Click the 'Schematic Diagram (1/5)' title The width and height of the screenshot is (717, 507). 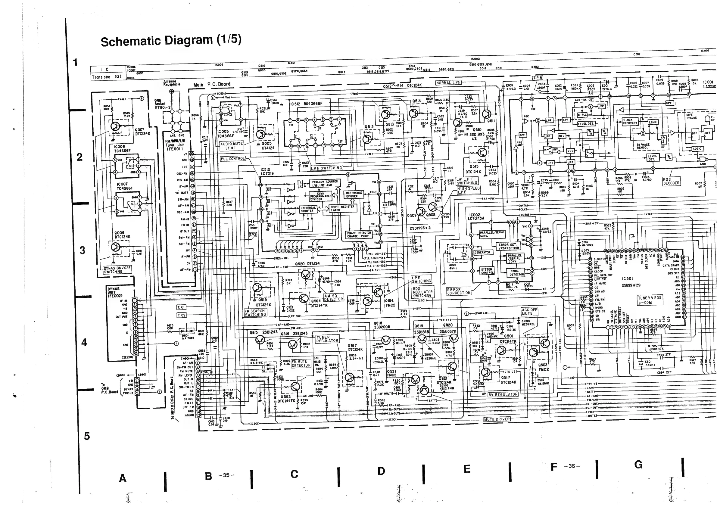tap(171, 41)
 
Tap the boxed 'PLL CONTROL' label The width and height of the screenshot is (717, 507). tap(233, 159)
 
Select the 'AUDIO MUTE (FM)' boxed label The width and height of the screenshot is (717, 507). tap(231, 146)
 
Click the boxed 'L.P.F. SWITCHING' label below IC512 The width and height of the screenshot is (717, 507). tap(326, 168)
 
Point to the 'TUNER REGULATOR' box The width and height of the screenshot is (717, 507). tap(327, 339)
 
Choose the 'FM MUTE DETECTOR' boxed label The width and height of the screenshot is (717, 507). tap(301, 363)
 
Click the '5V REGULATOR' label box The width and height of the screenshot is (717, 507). tap(503, 394)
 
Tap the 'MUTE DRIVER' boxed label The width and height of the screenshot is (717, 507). tap(497, 419)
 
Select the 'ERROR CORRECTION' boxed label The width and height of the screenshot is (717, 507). tap(458, 291)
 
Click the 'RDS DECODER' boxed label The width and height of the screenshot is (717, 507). tap(671, 181)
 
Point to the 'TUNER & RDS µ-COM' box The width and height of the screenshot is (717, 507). tap(650, 300)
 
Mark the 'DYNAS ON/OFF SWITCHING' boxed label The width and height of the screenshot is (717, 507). tap(117, 270)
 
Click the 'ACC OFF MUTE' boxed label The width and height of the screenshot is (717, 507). tap(529, 312)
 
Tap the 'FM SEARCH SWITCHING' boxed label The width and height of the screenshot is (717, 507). tap(255, 313)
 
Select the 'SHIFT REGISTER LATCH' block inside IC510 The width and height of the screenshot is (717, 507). tap(343, 208)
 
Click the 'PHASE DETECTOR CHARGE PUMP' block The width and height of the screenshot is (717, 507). tap(359, 235)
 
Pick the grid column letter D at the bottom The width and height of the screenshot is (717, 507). tap(381, 471)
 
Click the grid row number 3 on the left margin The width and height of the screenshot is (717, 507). tap(83, 250)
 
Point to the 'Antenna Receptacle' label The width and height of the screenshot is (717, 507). tap(172, 83)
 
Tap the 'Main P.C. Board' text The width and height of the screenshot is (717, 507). tap(212, 84)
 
